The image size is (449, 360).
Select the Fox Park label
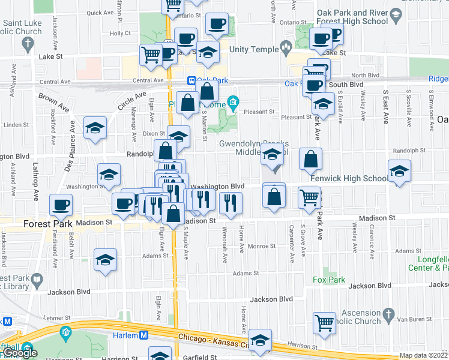(329, 280)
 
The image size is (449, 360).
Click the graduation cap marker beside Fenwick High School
(399, 171)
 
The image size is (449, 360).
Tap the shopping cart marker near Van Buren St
(325, 323)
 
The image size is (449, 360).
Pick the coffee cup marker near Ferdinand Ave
(61, 205)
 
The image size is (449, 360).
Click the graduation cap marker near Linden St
(95, 128)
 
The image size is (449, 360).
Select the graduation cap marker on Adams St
(105, 260)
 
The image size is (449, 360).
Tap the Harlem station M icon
(144, 335)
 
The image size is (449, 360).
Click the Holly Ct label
(119, 34)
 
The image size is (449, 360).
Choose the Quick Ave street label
(100, 13)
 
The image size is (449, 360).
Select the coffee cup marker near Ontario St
(216, 24)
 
